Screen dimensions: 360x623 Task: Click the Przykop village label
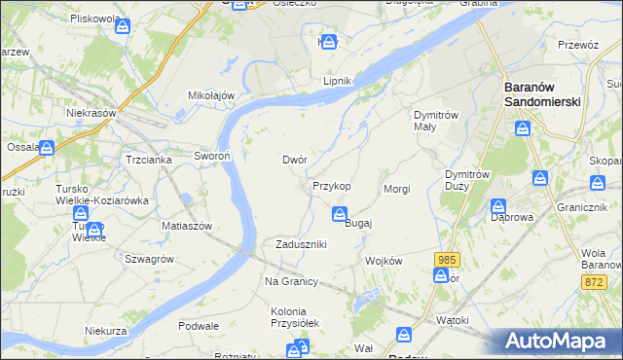click(x=332, y=185)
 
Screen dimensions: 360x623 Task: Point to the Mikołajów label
click(x=212, y=94)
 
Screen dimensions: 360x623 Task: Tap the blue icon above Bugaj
click(x=340, y=213)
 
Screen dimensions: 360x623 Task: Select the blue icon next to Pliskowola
click(x=122, y=26)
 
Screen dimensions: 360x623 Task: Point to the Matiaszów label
click(x=187, y=225)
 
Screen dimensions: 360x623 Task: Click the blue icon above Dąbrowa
click(x=498, y=205)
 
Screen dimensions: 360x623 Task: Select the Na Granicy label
click(x=292, y=281)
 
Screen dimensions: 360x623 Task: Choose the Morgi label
click(x=397, y=189)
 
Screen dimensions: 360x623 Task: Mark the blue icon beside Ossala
click(x=47, y=148)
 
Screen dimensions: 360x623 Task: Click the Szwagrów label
click(x=149, y=259)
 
